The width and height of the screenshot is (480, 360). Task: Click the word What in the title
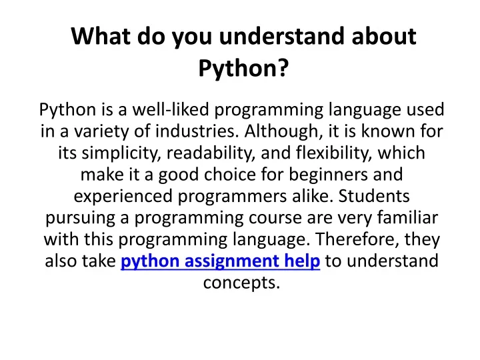coord(101,36)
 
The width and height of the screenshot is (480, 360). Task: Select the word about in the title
coord(384,36)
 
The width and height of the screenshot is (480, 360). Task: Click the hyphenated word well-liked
coord(171,109)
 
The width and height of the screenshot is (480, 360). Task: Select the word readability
coord(211,153)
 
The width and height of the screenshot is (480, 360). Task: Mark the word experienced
coord(123,196)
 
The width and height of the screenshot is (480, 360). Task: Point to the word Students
coord(374,196)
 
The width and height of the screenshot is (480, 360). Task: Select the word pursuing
coord(81,218)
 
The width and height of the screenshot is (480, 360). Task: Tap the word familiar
coord(407,217)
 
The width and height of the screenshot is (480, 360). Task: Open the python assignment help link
coord(221,261)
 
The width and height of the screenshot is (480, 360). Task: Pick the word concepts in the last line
coord(241,283)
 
